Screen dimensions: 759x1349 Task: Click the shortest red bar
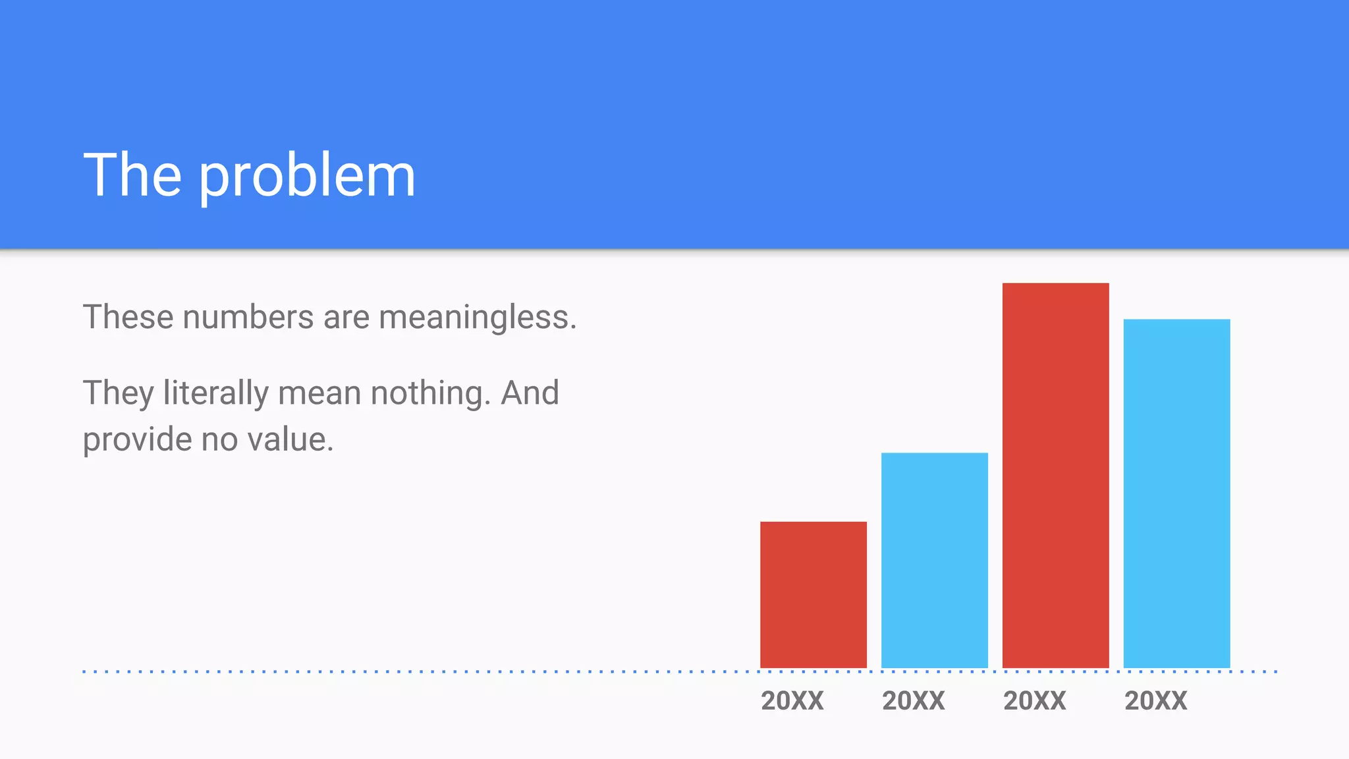(x=813, y=594)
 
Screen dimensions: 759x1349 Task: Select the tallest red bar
(x=1055, y=475)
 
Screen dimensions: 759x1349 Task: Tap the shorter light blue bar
(x=934, y=560)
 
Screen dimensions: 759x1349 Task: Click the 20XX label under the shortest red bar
(x=792, y=700)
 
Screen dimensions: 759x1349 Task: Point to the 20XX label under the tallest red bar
(x=1035, y=700)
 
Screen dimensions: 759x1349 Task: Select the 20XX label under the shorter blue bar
(x=914, y=700)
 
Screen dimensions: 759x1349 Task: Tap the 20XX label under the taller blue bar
(x=1156, y=700)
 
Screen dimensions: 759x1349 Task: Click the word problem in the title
(x=307, y=177)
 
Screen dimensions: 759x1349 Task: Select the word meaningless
(x=478, y=318)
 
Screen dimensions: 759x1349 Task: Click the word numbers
(x=248, y=318)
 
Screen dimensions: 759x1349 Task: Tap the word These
(x=128, y=318)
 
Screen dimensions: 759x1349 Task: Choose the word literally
(x=216, y=394)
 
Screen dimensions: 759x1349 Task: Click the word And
(x=530, y=393)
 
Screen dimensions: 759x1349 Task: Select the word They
(x=119, y=394)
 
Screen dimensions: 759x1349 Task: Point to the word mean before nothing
(x=319, y=393)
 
